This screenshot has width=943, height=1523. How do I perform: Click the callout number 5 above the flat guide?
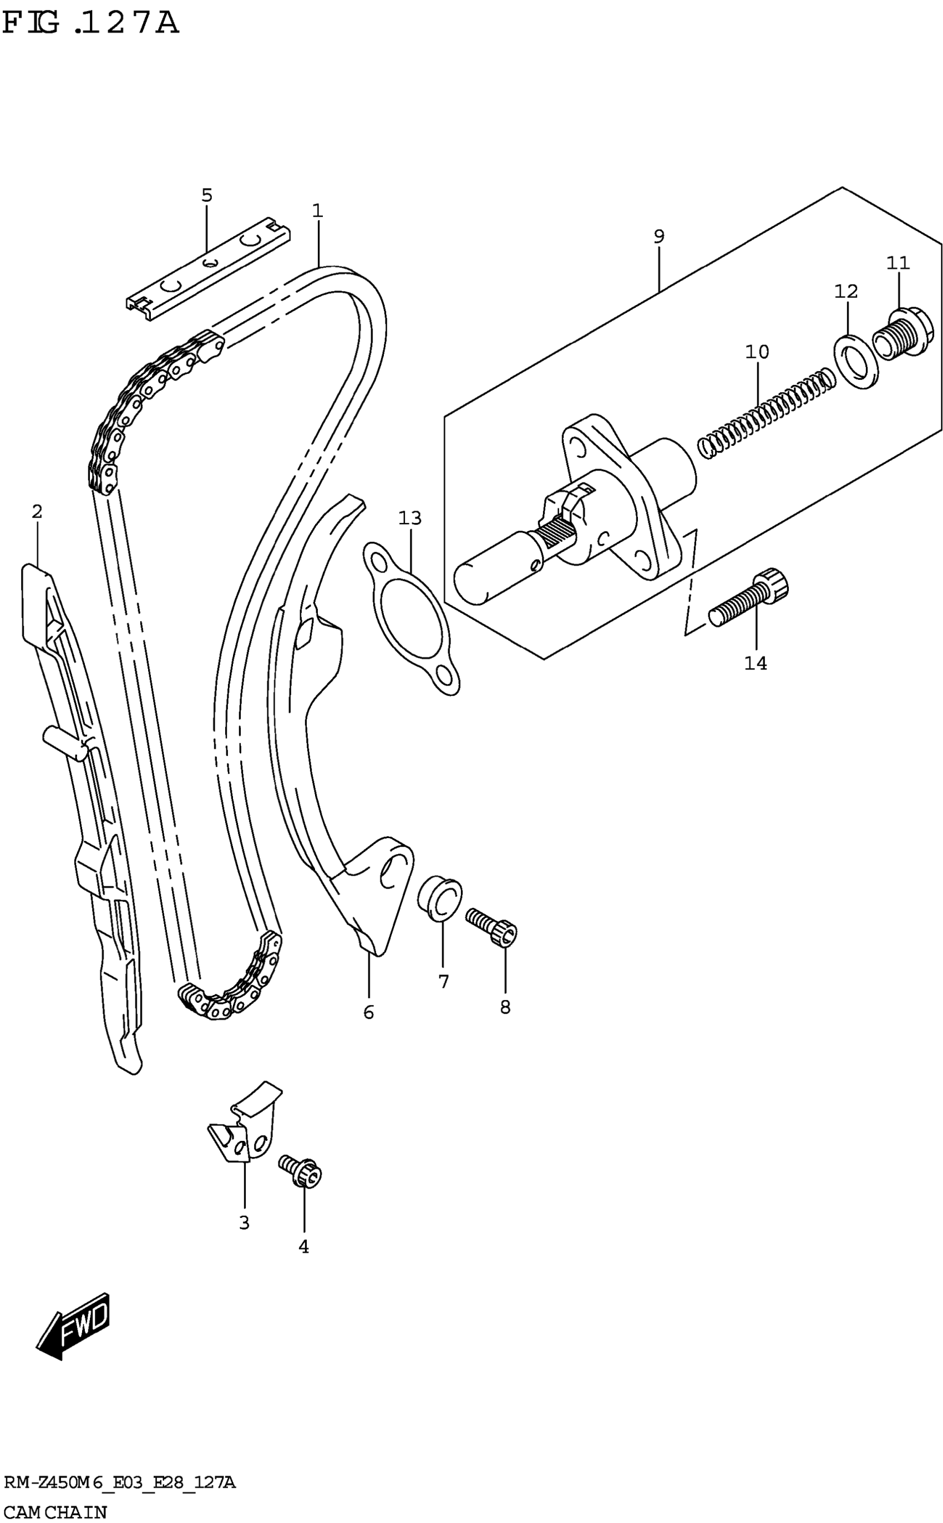[207, 196]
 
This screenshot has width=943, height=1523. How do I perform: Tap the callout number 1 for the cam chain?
[317, 211]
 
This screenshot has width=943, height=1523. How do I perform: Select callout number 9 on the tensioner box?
[659, 236]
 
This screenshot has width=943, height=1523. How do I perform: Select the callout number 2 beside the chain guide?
[37, 512]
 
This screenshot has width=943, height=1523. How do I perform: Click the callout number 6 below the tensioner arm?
[368, 1012]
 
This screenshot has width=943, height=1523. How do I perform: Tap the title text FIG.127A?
[90, 24]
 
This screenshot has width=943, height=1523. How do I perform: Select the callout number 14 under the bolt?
[756, 663]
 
